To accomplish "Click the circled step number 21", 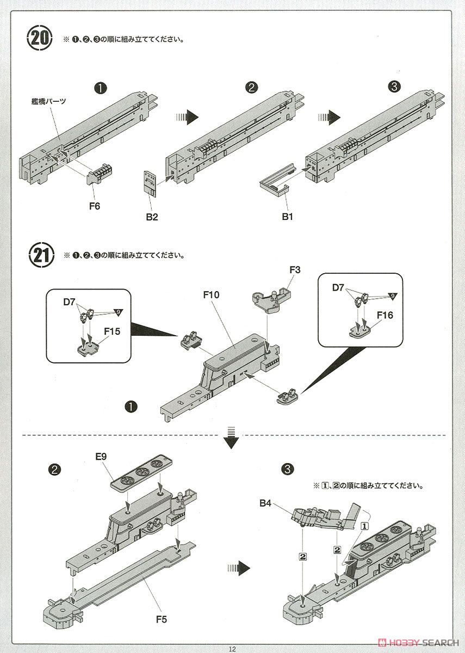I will pos(40,255).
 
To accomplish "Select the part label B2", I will pos(151,217).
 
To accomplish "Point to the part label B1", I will pos(287,217).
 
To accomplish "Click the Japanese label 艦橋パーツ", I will pos(48,101).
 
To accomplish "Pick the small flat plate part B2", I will pos(149,183).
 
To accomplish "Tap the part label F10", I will pos(211,295).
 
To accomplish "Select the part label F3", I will pos(295,269).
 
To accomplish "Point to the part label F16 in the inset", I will pos(386,315).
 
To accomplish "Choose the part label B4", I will pos(265,504).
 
